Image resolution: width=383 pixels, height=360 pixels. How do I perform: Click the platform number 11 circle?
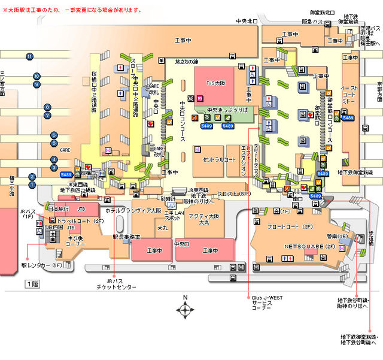[x=29, y=56]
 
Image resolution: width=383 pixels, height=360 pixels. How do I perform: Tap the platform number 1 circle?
[x=32, y=185]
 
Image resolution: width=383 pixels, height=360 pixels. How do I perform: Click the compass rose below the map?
[x=186, y=309]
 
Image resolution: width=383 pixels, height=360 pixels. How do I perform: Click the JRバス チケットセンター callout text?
[x=115, y=284]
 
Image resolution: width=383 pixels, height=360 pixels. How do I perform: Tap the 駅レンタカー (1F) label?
[x=42, y=264]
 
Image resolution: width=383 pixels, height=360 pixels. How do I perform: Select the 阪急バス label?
[x=314, y=22]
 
